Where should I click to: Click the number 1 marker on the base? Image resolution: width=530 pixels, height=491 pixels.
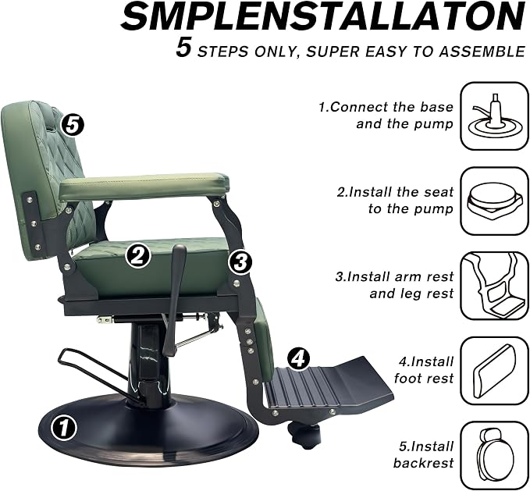click(x=64, y=428)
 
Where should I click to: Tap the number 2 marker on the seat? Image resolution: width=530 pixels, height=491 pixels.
click(x=138, y=256)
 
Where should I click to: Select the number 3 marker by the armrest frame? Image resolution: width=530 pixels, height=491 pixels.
click(x=240, y=262)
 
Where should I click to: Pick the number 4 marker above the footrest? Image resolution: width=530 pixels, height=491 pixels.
click(x=298, y=359)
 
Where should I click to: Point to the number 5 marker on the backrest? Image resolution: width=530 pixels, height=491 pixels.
click(x=73, y=126)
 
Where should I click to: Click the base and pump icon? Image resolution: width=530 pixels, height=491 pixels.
click(x=495, y=116)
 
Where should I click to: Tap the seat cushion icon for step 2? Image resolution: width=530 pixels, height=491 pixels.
click(x=495, y=201)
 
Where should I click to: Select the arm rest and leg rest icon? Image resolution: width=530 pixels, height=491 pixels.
click(x=495, y=286)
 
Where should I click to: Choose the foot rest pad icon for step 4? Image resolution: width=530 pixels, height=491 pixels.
click(x=495, y=371)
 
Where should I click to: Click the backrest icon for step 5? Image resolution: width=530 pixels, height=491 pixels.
click(x=495, y=455)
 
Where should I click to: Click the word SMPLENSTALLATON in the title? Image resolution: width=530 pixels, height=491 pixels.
click(x=324, y=17)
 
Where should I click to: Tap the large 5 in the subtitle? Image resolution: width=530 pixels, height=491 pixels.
click(x=183, y=48)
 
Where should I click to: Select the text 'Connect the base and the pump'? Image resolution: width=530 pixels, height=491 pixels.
click(x=386, y=116)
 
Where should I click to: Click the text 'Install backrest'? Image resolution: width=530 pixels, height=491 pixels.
click(x=424, y=454)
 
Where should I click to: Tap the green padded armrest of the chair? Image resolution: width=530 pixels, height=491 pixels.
click(x=144, y=187)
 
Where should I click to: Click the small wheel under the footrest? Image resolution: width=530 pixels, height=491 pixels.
click(x=303, y=436)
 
